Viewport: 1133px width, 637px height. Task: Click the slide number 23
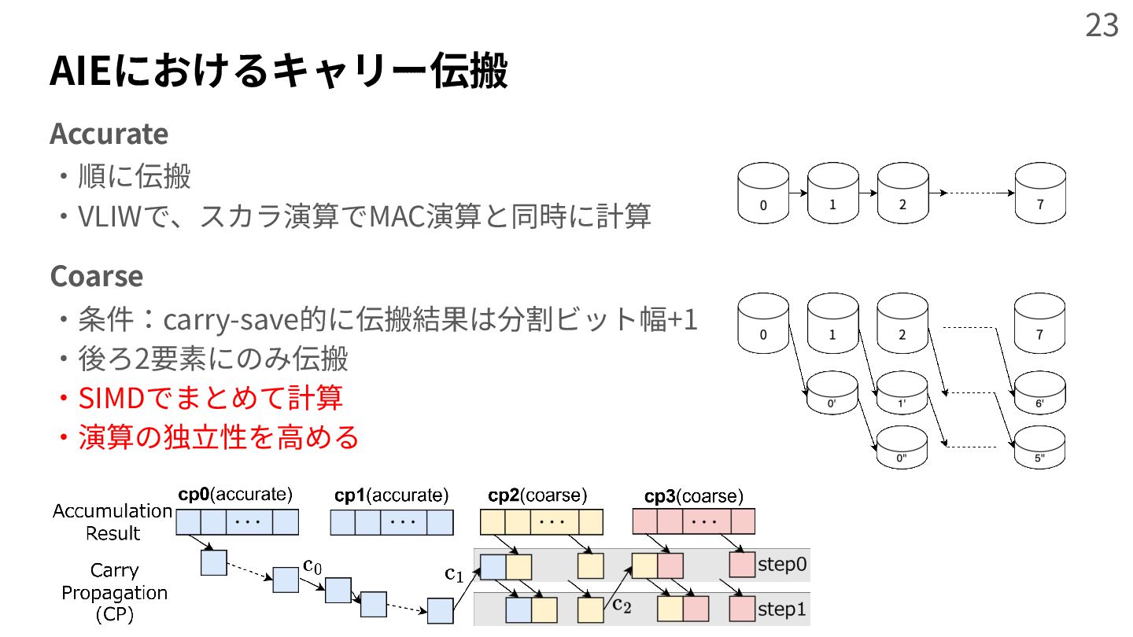1102,26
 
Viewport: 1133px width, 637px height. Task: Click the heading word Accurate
109,134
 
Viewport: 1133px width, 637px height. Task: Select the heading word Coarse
96,276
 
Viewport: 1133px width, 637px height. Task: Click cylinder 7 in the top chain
1039,194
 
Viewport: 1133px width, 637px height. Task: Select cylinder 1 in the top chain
833,194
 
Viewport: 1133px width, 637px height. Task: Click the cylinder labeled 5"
1039,449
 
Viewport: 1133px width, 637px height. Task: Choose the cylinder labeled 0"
902,449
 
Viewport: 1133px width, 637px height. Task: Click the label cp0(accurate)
235,495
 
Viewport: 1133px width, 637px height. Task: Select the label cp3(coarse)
693,496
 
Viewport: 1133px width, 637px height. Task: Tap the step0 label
781,564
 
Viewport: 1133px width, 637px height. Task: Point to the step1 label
781,609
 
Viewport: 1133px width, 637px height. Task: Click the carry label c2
622,604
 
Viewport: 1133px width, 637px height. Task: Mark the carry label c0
312,566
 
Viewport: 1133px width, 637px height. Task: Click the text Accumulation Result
113,521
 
